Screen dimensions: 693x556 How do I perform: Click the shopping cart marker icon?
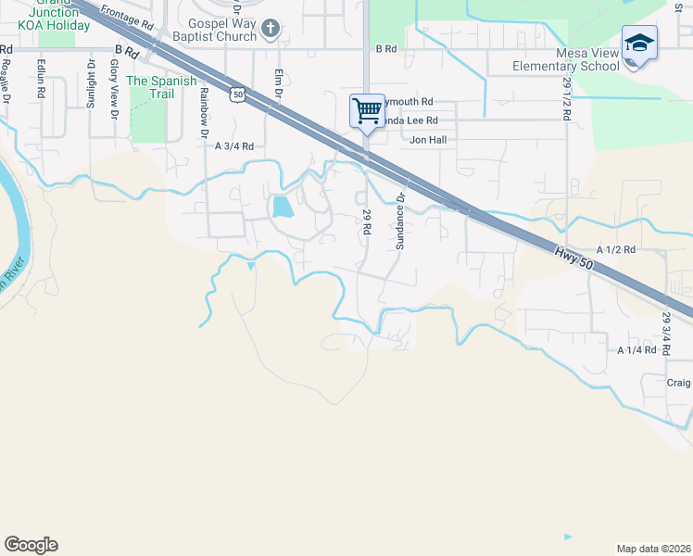point(367,111)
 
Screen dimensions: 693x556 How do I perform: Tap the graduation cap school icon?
point(639,44)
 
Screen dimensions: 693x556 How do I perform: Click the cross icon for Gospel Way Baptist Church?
point(271,29)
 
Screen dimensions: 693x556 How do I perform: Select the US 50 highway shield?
point(239,95)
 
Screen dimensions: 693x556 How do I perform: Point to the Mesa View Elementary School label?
point(567,59)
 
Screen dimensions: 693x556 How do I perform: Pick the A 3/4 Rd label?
point(234,146)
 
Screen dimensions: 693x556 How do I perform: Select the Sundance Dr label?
point(401,221)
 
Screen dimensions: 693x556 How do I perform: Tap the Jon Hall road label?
point(428,140)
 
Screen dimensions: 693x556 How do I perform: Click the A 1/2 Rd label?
point(616,250)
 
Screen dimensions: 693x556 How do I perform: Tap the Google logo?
point(31,545)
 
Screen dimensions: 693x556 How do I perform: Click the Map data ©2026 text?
point(653,549)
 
